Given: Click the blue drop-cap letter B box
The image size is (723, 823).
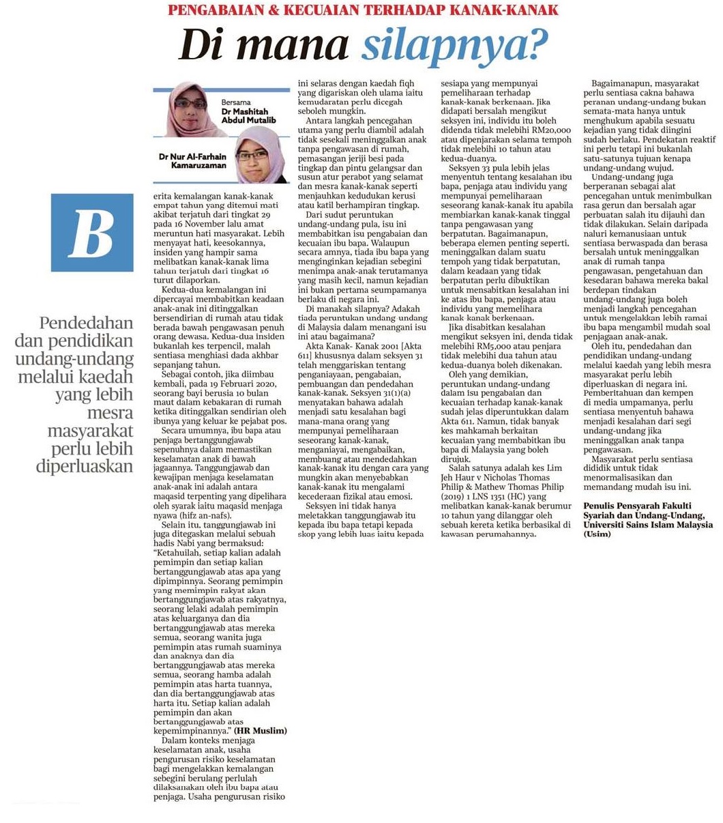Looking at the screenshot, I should point(92,233).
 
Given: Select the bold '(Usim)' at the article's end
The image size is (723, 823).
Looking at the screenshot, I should point(597,534).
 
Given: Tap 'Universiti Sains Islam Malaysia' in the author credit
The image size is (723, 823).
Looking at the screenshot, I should point(648,524).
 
